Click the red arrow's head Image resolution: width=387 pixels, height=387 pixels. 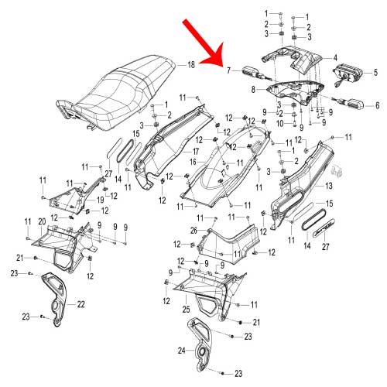click(215, 56)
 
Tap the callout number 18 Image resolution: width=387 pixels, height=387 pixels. click(191, 64)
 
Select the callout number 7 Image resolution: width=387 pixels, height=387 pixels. click(228, 70)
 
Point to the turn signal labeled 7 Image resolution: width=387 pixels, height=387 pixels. click(255, 73)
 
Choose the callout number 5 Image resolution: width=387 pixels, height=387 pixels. click(375, 72)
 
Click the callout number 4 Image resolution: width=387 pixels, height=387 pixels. click(335, 58)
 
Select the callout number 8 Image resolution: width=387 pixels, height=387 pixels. click(253, 90)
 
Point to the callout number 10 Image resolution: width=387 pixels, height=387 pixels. click(280, 124)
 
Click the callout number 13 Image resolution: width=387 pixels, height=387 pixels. click(329, 186)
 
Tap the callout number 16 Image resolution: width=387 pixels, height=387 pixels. click(193, 162)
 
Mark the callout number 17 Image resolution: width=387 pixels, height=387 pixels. click(196, 152)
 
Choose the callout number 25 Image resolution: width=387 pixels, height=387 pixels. click(186, 309)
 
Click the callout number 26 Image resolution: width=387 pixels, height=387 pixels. click(193, 231)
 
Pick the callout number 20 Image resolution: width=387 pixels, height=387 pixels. click(42, 221)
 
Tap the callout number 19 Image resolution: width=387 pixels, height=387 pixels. click(101, 200)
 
